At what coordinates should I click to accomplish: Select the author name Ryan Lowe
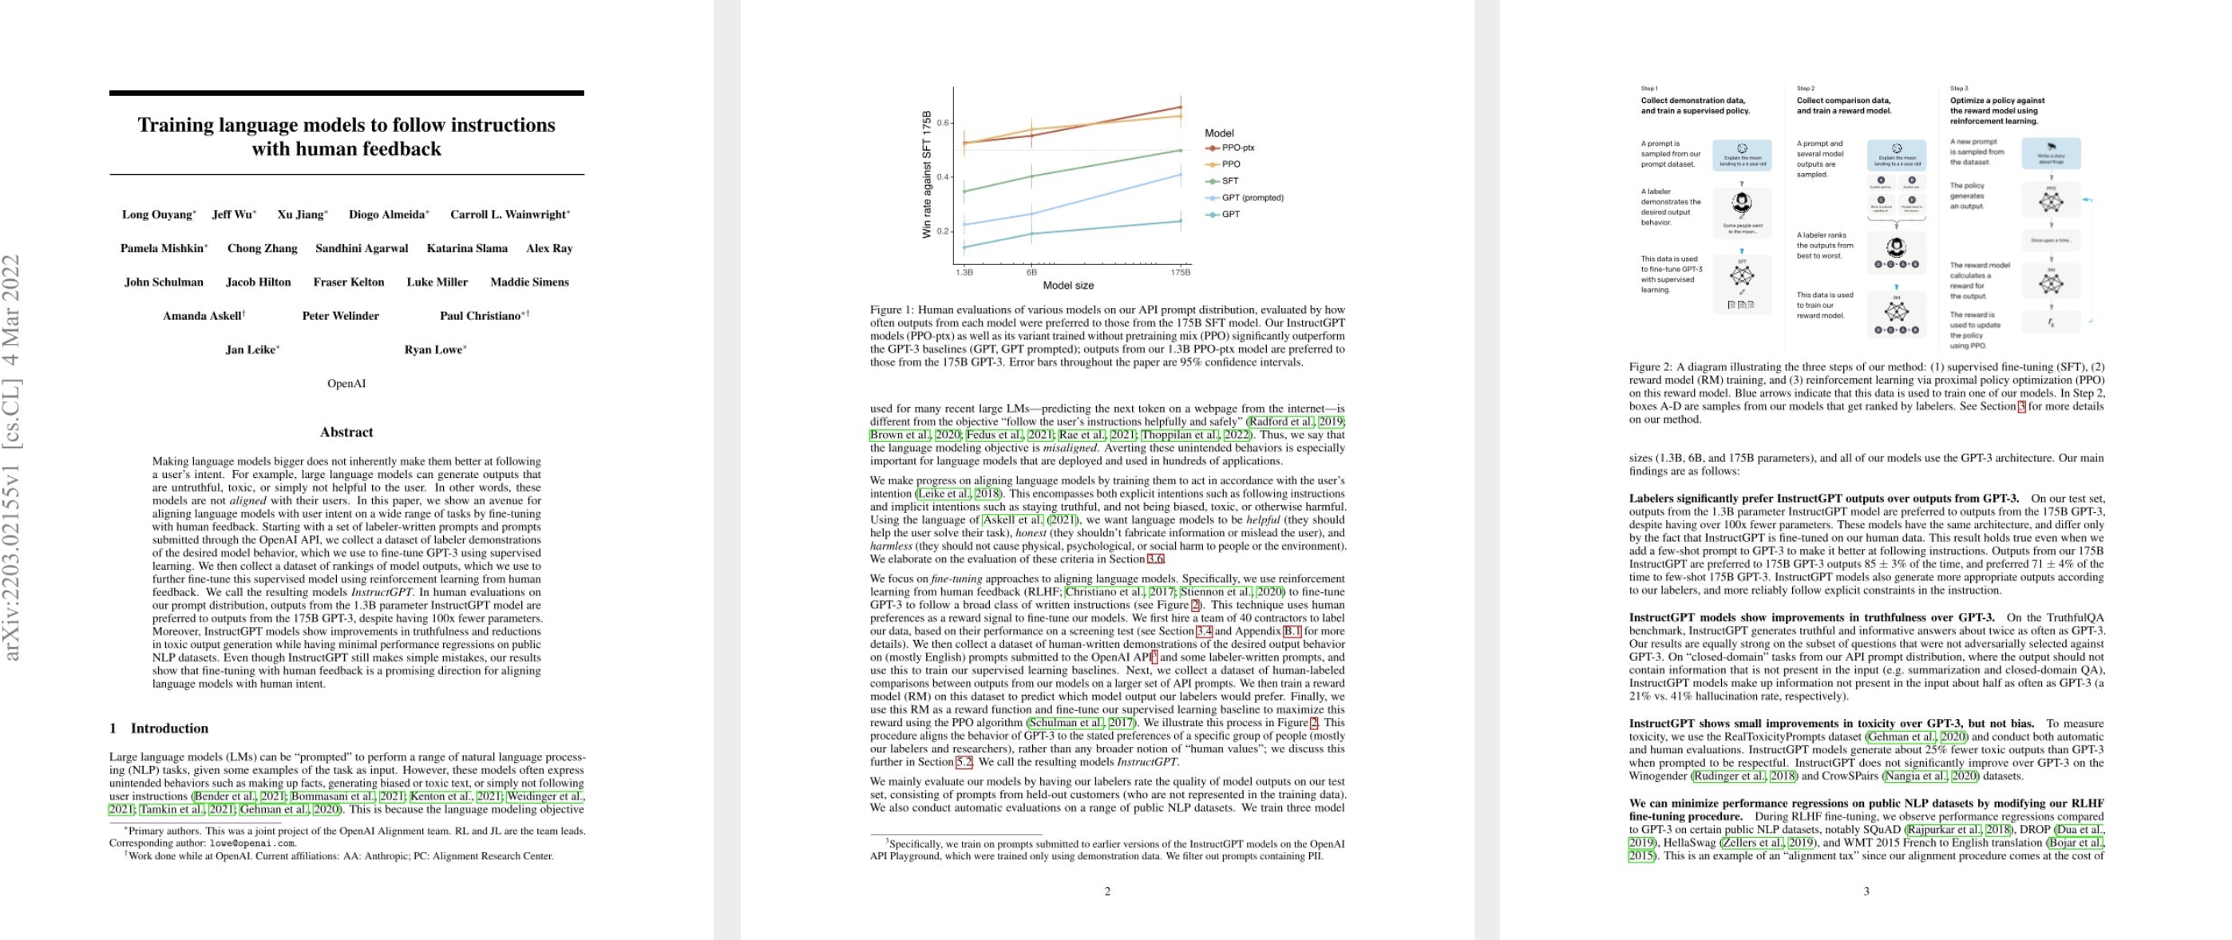tap(433, 350)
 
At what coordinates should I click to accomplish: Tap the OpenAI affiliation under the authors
tap(346, 384)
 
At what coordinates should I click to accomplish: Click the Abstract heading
tap(346, 432)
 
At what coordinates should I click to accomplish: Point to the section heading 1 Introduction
tap(160, 729)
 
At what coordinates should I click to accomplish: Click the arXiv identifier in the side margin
tap(12, 457)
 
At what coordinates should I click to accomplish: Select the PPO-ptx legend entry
tap(1237, 148)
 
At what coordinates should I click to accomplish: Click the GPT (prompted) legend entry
tap(1252, 199)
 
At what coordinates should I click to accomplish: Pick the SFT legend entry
tap(1229, 181)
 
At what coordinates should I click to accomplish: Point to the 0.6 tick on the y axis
tap(943, 123)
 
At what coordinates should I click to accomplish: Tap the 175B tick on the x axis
tap(1180, 272)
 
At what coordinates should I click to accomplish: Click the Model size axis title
tap(1067, 286)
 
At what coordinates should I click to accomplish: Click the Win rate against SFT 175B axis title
tap(927, 174)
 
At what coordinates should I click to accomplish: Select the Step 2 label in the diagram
tap(1806, 89)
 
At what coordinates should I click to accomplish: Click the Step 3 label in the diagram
tap(1959, 89)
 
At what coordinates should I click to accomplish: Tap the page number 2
tap(1107, 891)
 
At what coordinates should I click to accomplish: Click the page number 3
tap(1866, 891)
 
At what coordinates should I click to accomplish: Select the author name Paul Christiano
tap(480, 316)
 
